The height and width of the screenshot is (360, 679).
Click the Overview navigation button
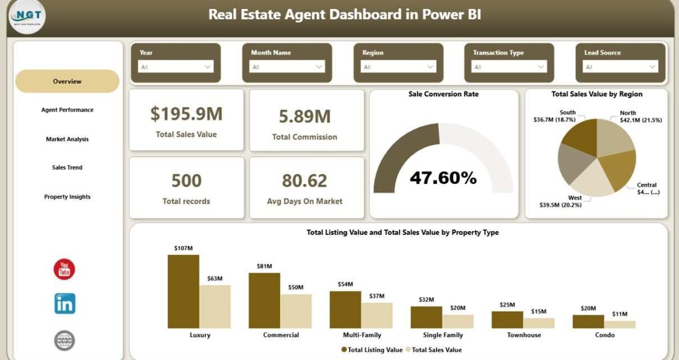[x=67, y=81]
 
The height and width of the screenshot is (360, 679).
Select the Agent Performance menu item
[x=67, y=110]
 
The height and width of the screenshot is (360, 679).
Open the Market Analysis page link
[x=67, y=139]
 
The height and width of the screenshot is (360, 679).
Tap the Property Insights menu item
[x=67, y=197]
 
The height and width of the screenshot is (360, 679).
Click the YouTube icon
[x=65, y=270]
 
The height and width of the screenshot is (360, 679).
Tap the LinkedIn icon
[x=65, y=304]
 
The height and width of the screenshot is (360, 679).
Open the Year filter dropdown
[x=176, y=67]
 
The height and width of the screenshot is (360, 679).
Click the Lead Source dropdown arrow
[x=653, y=67]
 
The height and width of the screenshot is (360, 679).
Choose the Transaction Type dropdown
[x=509, y=67]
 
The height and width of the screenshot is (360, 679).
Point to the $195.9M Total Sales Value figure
[x=186, y=114]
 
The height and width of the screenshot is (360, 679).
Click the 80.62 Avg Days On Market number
[x=304, y=181]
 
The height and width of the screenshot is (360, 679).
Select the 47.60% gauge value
[x=443, y=178]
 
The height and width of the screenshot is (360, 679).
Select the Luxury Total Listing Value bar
[x=183, y=292]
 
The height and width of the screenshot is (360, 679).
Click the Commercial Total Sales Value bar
[x=296, y=311]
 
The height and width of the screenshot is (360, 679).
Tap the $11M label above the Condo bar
[x=620, y=313]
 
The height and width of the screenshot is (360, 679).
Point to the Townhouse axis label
[x=523, y=335]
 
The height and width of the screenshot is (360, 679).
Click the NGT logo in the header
[x=27, y=17]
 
